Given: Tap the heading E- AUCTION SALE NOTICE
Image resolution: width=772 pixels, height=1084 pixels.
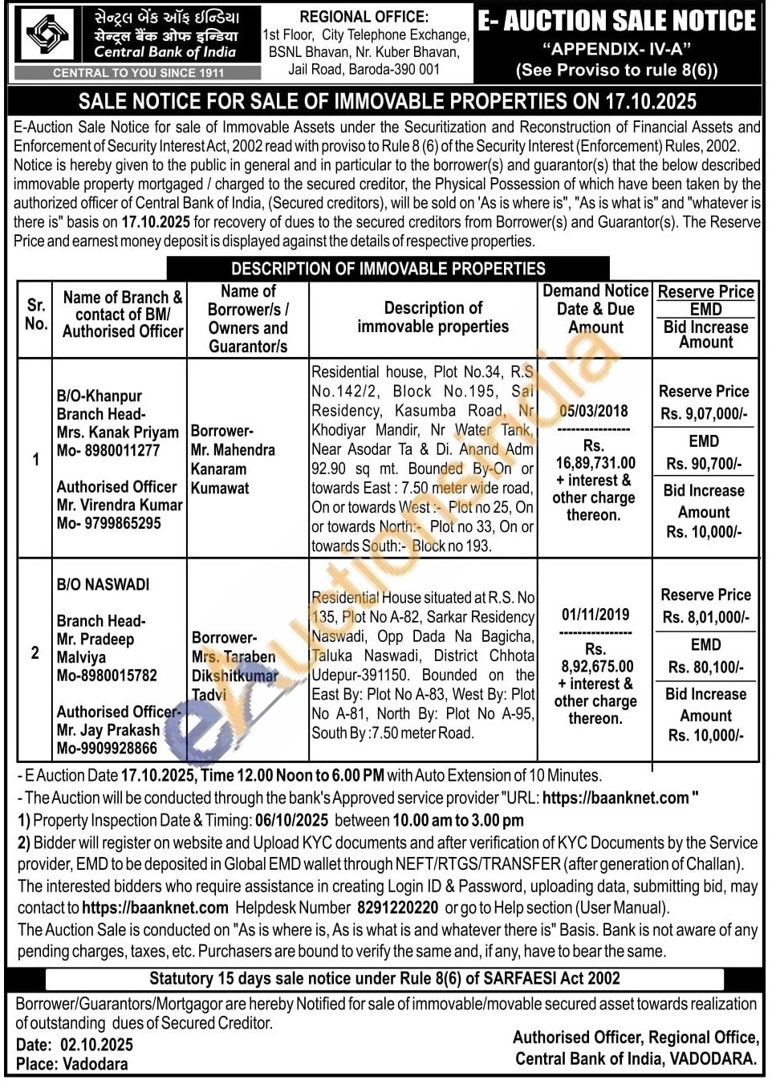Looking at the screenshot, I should click(616, 21).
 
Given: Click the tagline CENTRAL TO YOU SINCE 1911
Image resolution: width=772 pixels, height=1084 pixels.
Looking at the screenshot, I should click(138, 72).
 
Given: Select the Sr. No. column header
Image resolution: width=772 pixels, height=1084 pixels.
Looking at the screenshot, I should click(35, 315).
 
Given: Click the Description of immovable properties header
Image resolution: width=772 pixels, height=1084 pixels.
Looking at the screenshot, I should click(433, 317).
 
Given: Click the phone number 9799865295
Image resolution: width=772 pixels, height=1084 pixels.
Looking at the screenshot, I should click(120, 522).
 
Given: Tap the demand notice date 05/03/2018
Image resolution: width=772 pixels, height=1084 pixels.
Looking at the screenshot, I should click(594, 411).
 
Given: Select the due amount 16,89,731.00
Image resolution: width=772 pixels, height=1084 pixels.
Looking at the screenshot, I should click(595, 462).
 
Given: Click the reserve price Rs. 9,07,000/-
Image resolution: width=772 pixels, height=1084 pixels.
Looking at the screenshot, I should click(704, 414).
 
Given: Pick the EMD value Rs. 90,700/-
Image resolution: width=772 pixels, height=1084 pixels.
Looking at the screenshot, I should click(704, 464).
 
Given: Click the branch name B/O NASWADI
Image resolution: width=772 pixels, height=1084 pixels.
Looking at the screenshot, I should click(103, 584).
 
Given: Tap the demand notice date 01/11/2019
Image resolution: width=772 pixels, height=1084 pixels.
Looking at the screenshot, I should click(595, 615).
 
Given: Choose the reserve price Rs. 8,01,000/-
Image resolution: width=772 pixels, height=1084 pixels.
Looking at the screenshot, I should click(705, 617).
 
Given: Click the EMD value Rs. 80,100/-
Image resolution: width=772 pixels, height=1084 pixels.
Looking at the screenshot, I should click(705, 667).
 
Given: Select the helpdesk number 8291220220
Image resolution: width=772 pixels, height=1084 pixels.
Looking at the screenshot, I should click(397, 907).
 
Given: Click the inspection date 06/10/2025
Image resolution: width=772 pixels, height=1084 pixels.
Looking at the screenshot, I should click(291, 820).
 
